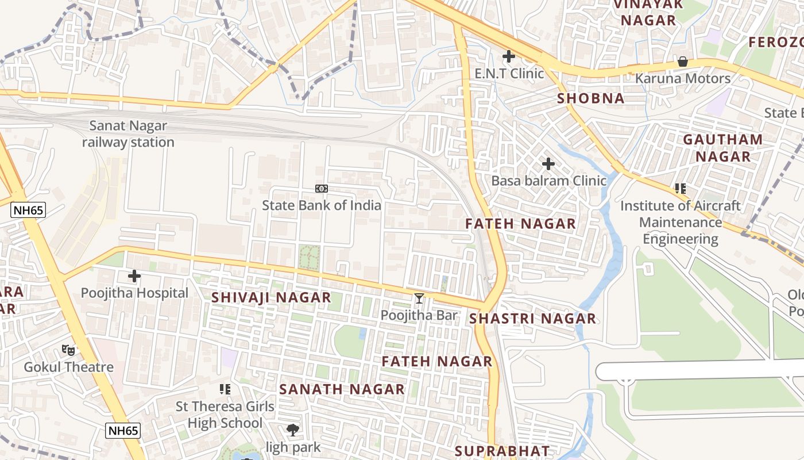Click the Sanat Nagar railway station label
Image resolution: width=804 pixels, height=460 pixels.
tap(128, 134)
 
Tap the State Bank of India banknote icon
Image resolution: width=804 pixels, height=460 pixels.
tap(322, 189)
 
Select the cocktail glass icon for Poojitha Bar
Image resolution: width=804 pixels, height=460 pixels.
tap(419, 298)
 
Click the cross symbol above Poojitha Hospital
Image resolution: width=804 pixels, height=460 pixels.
tap(134, 276)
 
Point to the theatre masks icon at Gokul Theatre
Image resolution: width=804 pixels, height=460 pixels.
tap(68, 350)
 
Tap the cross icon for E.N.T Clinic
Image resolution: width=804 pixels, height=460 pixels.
tap(508, 56)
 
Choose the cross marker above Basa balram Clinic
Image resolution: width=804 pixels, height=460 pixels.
tap(548, 164)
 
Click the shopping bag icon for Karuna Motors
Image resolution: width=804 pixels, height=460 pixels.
tap(683, 61)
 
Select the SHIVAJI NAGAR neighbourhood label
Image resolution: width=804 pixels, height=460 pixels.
tap(271, 297)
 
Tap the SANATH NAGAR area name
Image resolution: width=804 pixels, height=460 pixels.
tap(342, 389)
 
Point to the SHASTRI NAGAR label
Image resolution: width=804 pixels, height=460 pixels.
tap(532, 319)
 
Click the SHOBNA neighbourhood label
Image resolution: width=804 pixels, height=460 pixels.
tap(590, 98)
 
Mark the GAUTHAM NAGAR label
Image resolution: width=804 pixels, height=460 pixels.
tap(722, 148)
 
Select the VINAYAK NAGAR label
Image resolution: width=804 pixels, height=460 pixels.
tap(648, 13)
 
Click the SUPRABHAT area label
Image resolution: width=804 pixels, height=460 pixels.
tap(502, 450)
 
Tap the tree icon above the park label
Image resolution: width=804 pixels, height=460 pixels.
tap(293, 430)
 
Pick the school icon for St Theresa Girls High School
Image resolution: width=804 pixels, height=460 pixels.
tap(225, 389)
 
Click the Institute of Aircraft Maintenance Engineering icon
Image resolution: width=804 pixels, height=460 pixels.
tap(681, 188)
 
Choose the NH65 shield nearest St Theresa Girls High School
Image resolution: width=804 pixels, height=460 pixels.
tap(123, 431)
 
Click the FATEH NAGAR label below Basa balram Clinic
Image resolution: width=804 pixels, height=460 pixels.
tap(520, 224)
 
